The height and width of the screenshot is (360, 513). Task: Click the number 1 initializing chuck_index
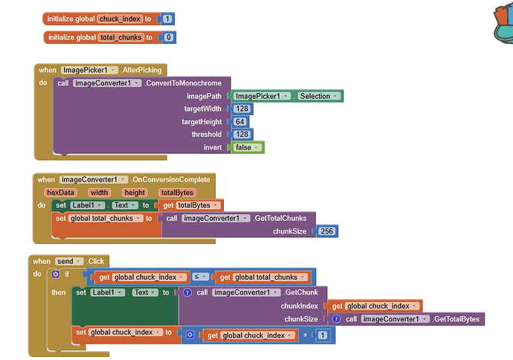(x=168, y=19)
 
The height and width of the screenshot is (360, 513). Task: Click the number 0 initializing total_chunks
(x=169, y=37)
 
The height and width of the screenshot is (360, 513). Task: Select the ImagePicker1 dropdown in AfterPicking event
(x=89, y=70)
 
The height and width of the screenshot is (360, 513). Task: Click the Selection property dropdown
(x=319, y=96)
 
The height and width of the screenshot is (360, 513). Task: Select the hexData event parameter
(x=60, y=192)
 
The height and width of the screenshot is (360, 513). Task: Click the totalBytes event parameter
(x=176, y=192)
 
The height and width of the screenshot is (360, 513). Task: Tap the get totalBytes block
(x=192, y=205)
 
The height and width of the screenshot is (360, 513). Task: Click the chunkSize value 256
(x=326, y=231)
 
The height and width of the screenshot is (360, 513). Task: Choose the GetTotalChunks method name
(x=284, y=218)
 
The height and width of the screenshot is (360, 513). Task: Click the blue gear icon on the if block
(x=56, y=274)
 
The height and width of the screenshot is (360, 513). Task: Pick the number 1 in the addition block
(x=322, y=335)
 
